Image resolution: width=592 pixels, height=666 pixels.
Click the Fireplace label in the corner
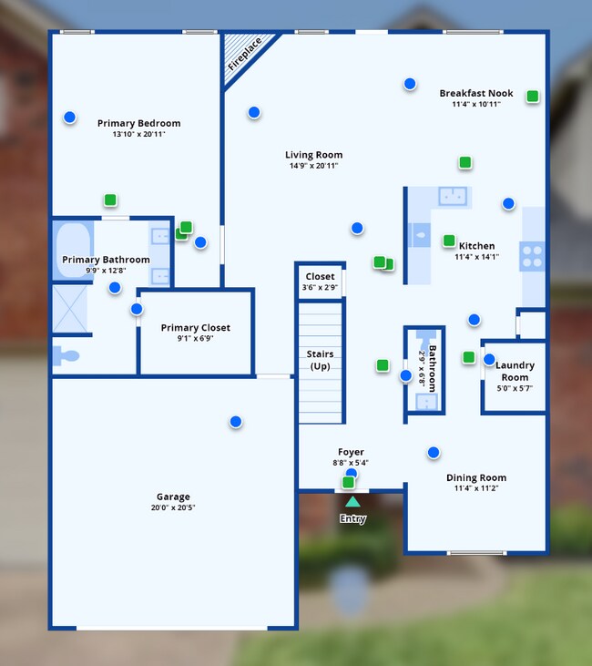click(245, 54)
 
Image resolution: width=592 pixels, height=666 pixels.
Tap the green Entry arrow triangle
click(352, 502)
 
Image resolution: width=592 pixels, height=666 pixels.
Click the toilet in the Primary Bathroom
click(66, 355)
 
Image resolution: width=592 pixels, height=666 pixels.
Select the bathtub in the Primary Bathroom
click(73, 251)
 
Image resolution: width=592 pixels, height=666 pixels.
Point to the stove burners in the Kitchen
click(532, 256)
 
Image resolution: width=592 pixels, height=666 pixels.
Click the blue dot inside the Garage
click(236, 421)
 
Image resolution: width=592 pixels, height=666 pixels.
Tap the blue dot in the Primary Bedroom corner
click(69, 117)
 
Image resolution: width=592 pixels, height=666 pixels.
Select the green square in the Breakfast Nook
click(533, 96)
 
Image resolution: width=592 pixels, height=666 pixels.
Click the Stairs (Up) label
click(320, 360)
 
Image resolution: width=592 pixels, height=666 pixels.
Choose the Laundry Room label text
click(515, 371)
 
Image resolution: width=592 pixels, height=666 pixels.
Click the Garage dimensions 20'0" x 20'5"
click(173, 507)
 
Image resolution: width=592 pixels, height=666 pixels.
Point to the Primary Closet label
click(195, 327)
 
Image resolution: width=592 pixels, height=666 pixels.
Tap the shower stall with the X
click(69, 309)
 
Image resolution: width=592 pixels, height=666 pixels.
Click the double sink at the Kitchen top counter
click(453, 196)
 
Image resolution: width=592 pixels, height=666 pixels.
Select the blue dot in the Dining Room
click(434, 453)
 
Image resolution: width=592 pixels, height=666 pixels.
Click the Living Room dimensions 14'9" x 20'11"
click(313, 166)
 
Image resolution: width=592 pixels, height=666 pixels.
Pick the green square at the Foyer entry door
click(348, 482)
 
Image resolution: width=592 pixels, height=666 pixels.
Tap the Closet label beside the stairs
click(320, 276)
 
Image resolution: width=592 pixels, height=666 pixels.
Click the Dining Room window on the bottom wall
click(476, 553)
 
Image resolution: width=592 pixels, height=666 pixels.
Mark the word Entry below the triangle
click(352, 518)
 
